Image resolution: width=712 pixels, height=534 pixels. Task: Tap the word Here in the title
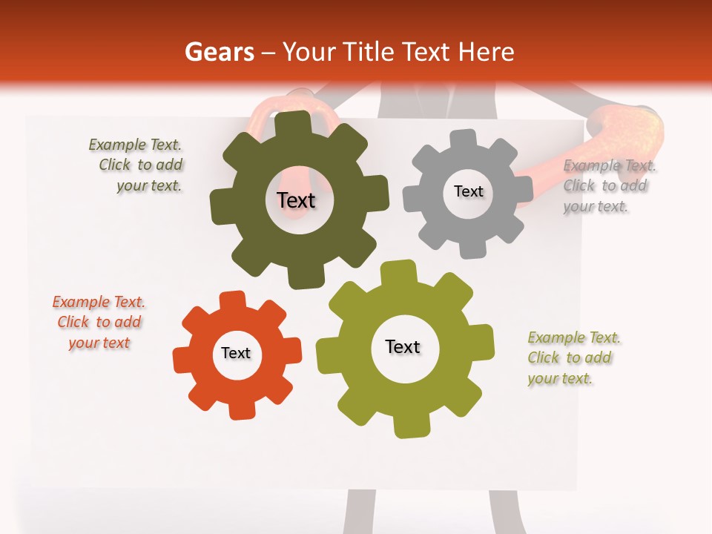[486, 52]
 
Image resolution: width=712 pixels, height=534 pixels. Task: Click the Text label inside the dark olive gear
[296, 200]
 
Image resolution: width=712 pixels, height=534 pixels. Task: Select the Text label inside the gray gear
[468, 191]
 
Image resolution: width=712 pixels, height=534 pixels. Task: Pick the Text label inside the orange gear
[236, 353]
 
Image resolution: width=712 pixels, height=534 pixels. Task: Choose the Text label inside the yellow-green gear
[403, 346]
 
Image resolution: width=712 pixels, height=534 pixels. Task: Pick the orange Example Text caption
[99, 323]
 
